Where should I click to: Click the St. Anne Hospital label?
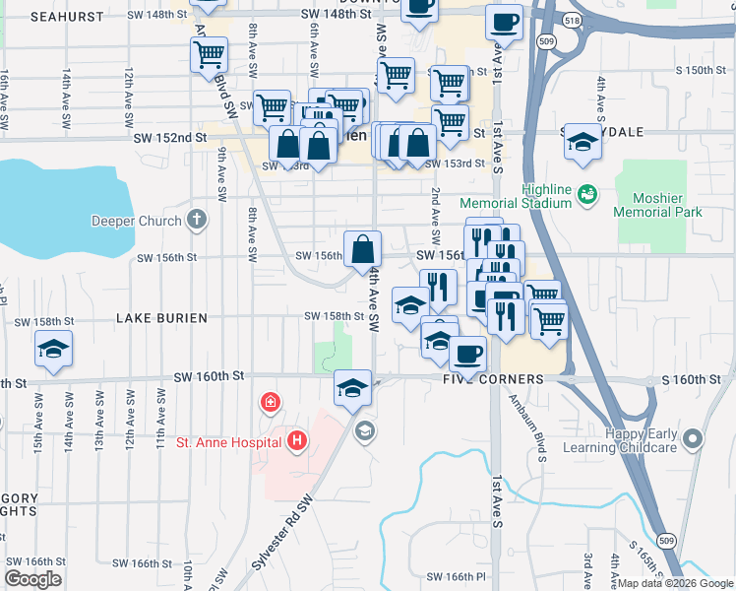(x=229, y=442)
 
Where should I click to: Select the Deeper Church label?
(x=136, y=221)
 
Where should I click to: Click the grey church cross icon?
(x=197, y=220)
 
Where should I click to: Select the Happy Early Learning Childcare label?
(x=631, y=441)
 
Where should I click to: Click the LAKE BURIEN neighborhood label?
(x=161, y=318)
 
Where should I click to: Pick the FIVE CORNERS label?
(x=494, y=379)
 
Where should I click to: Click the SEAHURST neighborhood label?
(x=67, y=17)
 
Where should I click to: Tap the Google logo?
(x=32, y=578)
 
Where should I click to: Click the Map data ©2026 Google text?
(x=675, y=583)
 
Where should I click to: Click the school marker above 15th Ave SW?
(x=53, y=349)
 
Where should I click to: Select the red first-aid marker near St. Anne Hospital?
(x=269, y=403)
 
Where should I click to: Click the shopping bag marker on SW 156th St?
(x=362, y=249)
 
